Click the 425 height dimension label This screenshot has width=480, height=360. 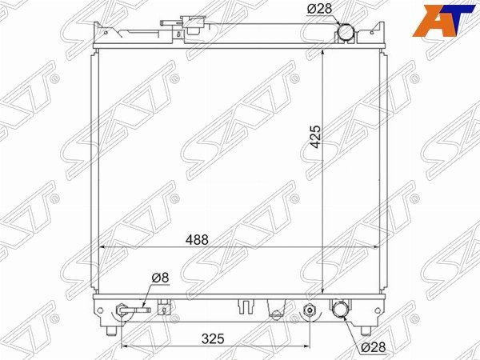[x=316, y=137]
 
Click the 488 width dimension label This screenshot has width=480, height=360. [x=197, y=240]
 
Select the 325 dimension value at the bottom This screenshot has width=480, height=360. [x=213, y=339]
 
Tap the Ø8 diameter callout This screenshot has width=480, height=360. [x=161, y=278]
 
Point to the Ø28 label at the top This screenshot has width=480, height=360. [x=319, y=9]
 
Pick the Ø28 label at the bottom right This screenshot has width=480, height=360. [x=373, y=347]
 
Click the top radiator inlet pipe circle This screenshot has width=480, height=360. [x=345, y=32]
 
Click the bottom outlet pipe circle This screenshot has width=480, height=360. [x=339, y=310]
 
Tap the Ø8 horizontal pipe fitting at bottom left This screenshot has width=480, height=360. [x=134, y=310]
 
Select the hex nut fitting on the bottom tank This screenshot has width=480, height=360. [x=310, y=310]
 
